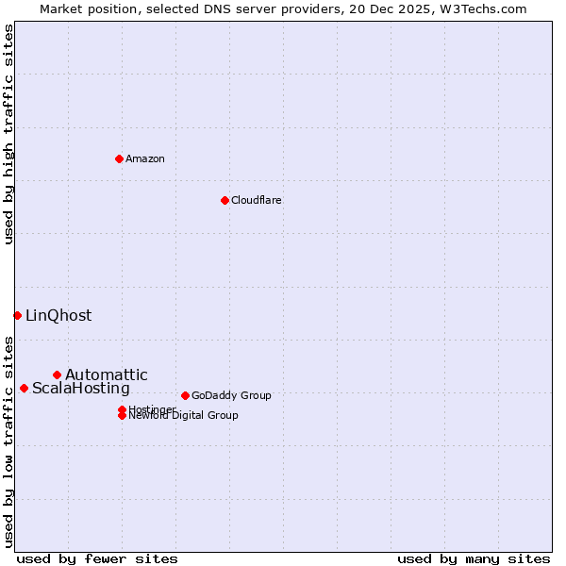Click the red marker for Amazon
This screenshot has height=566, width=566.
[119, 158]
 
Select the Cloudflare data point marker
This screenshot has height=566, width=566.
[225, 200]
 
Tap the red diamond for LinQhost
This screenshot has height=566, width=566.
[17, 315]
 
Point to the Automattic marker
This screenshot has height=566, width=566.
[57, 375]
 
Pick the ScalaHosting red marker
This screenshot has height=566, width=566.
[24, 388]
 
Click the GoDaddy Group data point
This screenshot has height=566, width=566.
[185, 395]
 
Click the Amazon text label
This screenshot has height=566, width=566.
[145, 158]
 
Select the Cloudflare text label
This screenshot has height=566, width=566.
[256, 200]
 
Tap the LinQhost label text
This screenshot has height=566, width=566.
[58, 315]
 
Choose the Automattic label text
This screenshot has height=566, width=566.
[106, 375]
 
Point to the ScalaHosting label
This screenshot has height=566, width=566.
[81, 388]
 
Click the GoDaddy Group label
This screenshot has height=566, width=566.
[231, 395]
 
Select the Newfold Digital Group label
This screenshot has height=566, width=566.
[183, 415]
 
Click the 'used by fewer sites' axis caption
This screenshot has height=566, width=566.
[97, 558]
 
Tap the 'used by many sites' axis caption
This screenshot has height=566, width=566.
[474, 558]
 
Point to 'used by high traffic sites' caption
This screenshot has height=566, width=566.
[8, 134]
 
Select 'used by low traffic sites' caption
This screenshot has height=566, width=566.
[8, 441]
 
